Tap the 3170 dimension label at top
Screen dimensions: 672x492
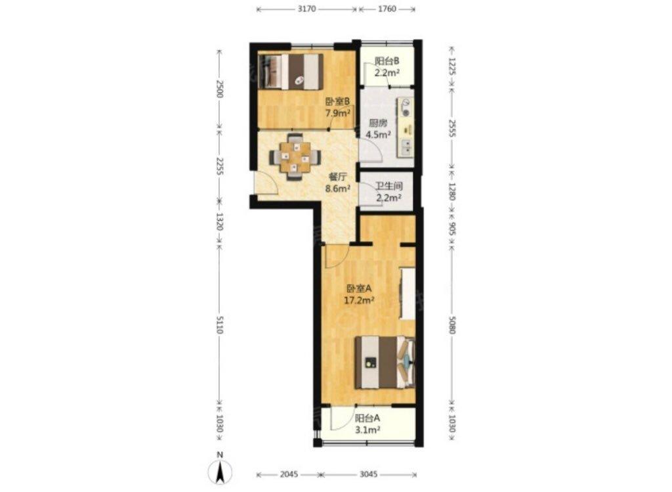(x=306, y=9)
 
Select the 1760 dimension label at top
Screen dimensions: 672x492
(x=387, y=9)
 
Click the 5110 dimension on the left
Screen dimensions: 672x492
(x=219, y=324)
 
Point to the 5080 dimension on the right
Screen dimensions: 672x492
(x=453, y=324)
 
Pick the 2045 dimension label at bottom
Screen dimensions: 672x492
(x=289, y=474)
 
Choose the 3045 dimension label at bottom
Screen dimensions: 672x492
(x=369, y=474)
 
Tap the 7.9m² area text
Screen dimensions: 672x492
(x=338, y=114)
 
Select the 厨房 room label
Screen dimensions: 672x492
(x=379, y=123)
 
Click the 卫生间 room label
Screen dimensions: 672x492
(x=389, y=187)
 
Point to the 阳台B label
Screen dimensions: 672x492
(x=387, y=61)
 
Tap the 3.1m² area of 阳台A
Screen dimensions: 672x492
(x=368, y=430)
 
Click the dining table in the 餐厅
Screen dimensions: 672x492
(x=295, y=158)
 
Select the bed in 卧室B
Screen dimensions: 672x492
(x=291, y=71)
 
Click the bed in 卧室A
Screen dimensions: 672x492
(x=385, y=363)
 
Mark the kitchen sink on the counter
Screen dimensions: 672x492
(x=406, y=147)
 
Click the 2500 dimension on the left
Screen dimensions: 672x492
(x=219, y=89)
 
